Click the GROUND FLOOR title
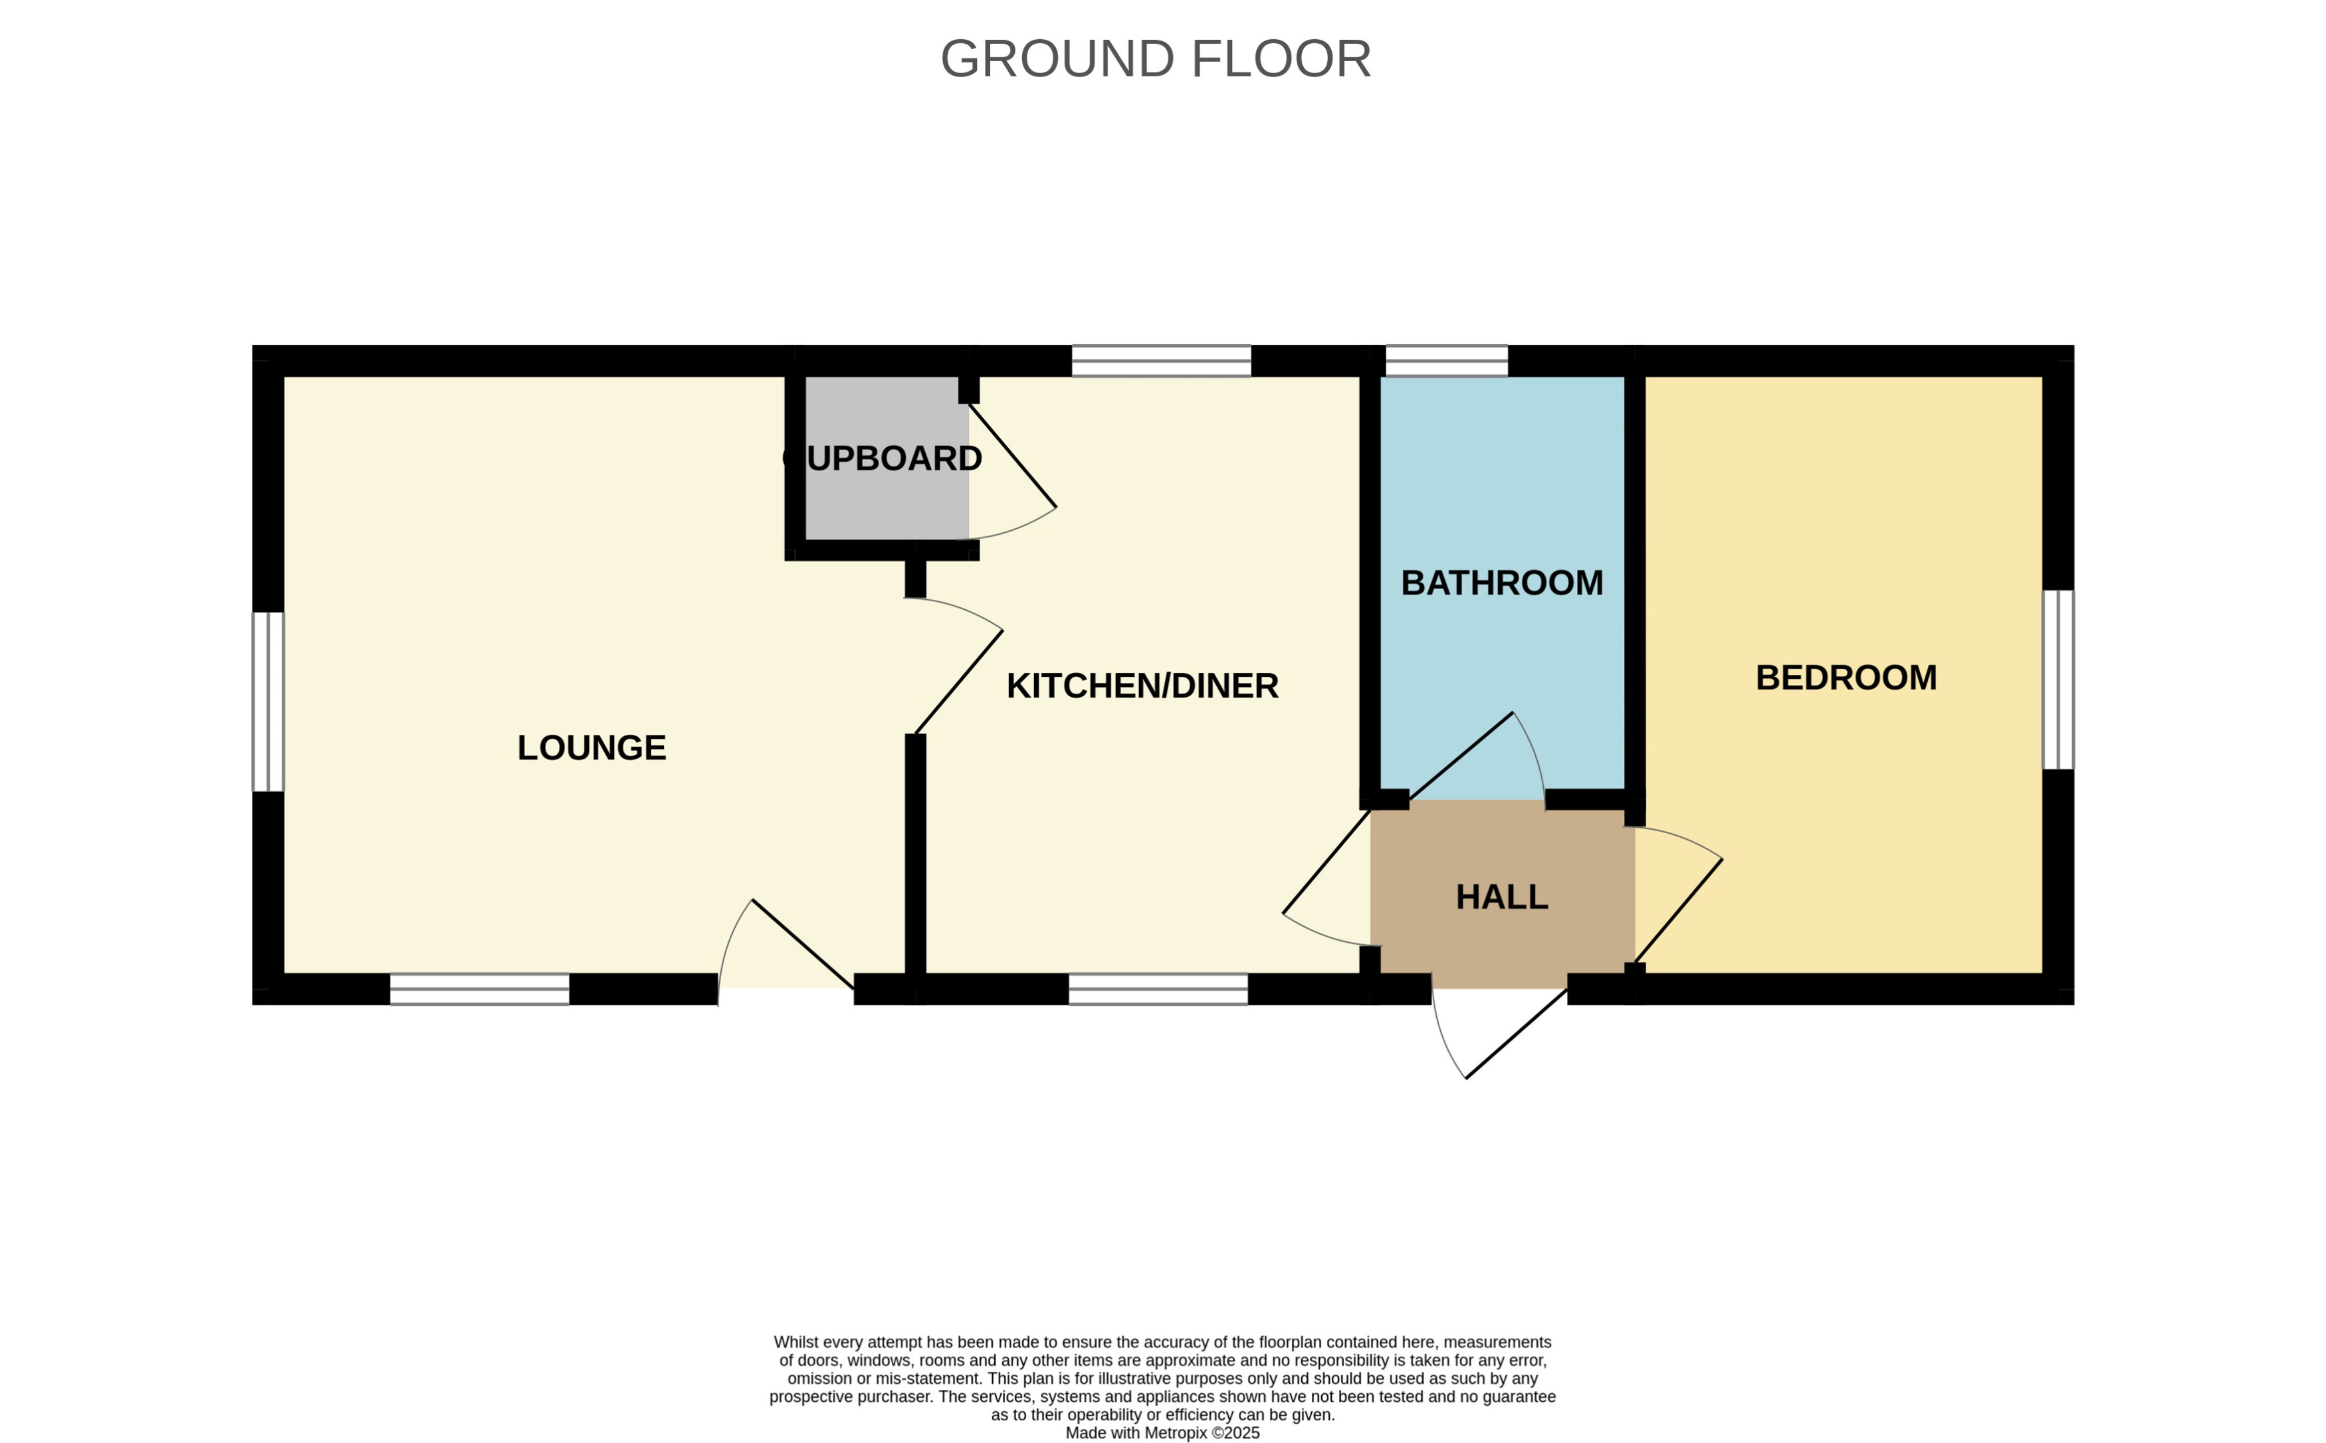(x=1155, y=59)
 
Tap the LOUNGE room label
(x=591, y=747)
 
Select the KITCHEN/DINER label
(x=1142, y=685)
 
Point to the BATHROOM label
(x=1501, y=582)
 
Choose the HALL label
(x=1501, y=896)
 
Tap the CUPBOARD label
(x=882, y=458)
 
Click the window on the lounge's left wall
(x=268, y=702)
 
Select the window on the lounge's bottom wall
(x=479, y=989)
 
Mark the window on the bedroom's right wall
(x=2058, y=680)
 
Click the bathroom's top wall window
(x=1446, y=361)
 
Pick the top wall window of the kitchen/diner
(x=1160, y=361)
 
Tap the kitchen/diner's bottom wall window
(x=1158, y=989)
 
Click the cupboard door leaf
(x=1013, y=455)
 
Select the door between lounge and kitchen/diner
(x=958, y=682)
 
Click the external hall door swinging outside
(x=1516, y=1034)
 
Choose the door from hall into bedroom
(x=1678, y=912)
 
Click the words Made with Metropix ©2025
(x=1162, y=1432)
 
